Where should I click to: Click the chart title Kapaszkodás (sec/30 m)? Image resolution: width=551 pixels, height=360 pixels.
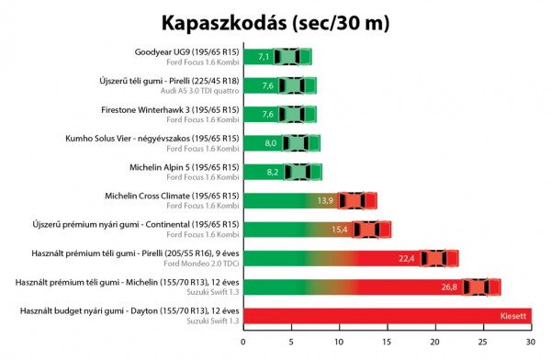pyautogui.click(x=275, y=21)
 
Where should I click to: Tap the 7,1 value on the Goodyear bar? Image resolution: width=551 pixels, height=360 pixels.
pyautogui.click(x=264, y=57)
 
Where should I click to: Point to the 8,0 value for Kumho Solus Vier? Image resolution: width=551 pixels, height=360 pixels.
pyautogui.click(x=270, y=143)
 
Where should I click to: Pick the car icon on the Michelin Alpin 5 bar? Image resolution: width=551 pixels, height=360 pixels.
pyautogui.click(x=302, y=172)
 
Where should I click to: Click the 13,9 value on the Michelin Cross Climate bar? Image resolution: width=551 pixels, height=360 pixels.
pyautogui.click(x=324, y=200)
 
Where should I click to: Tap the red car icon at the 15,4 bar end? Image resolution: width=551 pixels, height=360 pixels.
pyautogui.click(x=372, y=230)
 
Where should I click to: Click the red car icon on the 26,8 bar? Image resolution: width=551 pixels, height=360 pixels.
pyautogui.click(x=481, y=287)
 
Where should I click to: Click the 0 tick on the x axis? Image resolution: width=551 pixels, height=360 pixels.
pyautogui.click(x=243, y=342)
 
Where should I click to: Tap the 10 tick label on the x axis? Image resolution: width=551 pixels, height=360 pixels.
pyautogui.click(x=339, y=342)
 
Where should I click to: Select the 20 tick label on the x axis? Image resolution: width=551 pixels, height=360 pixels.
pyautogui.click(x=434, y=342)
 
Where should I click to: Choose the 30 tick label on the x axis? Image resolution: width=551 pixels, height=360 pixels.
pyautogui.click(x=530, y=342)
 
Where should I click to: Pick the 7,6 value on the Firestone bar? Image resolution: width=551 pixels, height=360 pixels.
pyautogui.click(x=268, y=115)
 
